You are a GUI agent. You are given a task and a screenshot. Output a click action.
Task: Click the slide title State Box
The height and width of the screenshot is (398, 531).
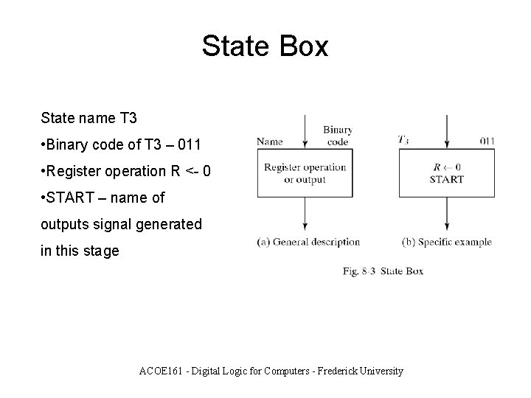[265, 46]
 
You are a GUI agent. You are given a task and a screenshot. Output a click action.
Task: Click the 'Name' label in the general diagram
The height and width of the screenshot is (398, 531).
[269, 141]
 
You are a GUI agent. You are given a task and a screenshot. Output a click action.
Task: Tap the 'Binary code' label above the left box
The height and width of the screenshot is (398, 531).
[337, 136]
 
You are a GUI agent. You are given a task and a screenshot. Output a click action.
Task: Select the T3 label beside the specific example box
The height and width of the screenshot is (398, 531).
[404, 139]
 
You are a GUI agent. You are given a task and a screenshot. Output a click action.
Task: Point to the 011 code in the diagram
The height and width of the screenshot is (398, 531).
[486, 140]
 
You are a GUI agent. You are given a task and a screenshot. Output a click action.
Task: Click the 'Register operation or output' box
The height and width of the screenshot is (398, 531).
[305, 172]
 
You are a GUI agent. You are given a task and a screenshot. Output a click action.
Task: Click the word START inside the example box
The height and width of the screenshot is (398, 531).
[446, 179]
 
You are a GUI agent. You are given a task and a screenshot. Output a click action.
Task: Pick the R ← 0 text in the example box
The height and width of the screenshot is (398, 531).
[447, 167]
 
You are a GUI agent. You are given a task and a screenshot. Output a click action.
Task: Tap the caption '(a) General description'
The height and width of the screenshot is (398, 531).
[308, 242]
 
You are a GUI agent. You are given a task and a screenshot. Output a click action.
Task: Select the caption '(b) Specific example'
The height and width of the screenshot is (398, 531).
[446, 242]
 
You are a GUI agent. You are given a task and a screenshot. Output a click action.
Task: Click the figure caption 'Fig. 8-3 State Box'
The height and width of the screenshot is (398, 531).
[383, 271]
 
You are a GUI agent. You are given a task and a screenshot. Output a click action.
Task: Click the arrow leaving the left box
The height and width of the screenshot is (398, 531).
[305, 214]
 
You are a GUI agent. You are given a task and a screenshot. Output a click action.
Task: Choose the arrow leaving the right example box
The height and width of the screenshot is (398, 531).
[447, 214]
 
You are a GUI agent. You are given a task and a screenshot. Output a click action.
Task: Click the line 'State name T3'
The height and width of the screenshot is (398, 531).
[88, 118]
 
